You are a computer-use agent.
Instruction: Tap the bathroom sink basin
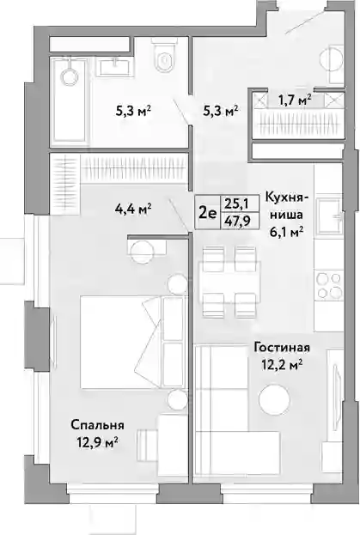coord(115,66)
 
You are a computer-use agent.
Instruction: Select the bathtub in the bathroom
coord(70,100)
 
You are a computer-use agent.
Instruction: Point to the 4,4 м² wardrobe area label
coord(133,209)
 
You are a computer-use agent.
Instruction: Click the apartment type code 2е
coord(207,213)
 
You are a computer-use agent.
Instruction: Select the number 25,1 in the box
coord(235,204)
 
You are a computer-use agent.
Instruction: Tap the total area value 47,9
coord(236,221)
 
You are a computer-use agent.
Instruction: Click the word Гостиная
coord(282,348)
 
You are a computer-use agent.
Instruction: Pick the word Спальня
coord(97,425)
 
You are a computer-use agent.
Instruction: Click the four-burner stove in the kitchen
coord(328,286)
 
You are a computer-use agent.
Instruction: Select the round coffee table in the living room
coord(274,398)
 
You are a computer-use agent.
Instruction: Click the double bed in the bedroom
coord(132,342)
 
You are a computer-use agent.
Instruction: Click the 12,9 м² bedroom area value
coord(97,442)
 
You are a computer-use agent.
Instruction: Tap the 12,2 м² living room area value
coord(282,365)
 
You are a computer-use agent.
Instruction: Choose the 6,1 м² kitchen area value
coord(287,233)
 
